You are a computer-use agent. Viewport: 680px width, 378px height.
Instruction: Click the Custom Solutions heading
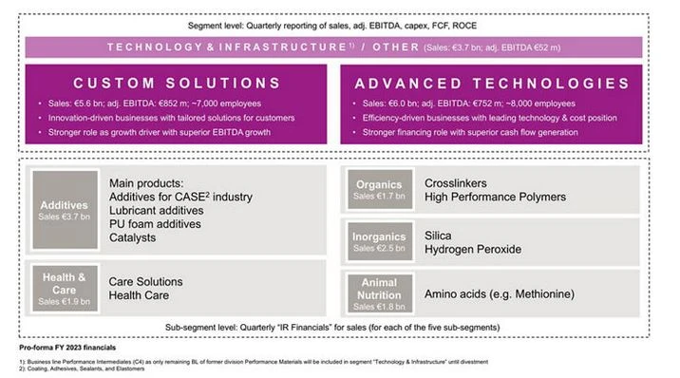point(177,83)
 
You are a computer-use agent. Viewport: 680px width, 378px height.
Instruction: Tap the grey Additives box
point(64,210)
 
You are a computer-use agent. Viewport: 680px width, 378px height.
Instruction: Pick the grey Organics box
point(379,189)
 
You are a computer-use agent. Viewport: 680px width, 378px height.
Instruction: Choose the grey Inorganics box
point(379,241)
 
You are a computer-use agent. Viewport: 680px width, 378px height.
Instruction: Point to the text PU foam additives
point(155,224)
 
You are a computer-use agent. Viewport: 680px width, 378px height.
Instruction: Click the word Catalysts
point(133,237)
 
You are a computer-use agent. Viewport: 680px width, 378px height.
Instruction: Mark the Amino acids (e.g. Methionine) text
point(501,294)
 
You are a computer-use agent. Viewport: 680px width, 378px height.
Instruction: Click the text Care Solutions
point(148,282)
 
